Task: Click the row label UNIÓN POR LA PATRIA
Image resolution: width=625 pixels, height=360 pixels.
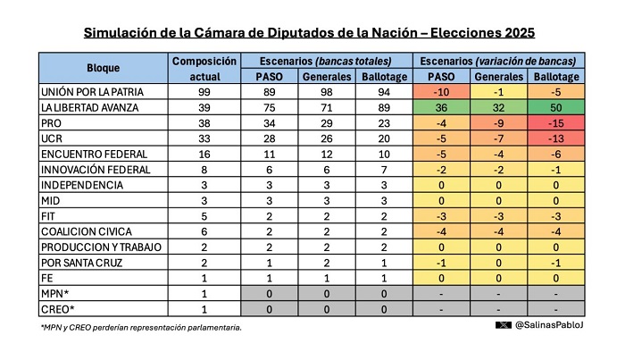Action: tap(92, 92)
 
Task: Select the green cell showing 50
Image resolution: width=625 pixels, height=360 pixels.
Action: tap(556, 107)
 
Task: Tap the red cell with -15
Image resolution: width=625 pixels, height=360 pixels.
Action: tap(556, 123)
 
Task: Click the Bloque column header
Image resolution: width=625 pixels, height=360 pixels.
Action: tap(104, 68)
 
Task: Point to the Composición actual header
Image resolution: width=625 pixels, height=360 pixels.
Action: tap(204, 69)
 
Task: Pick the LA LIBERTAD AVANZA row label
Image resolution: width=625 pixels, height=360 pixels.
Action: tap(89, 107)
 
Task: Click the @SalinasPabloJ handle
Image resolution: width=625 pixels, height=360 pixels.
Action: tap(549, 325)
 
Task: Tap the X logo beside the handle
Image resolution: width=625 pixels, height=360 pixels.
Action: tap(503, 325)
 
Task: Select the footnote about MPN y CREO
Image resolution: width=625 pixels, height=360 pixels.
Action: tap(141, 328)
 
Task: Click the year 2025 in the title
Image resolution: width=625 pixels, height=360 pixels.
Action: tap(520, 32)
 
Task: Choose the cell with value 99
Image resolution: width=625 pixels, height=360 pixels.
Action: tap(204, 92)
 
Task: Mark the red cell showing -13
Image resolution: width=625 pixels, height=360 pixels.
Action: tap(556, 138)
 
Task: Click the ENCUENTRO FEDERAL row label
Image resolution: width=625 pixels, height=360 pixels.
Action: tap(94, 155)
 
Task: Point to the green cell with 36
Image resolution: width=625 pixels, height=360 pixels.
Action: tap(441, 107)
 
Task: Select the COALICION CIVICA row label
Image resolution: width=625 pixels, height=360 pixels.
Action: tap(87, 231)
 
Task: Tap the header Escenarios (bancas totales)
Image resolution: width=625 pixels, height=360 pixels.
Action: tap(326, 61)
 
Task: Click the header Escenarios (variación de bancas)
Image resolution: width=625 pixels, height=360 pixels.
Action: tap(498, 61)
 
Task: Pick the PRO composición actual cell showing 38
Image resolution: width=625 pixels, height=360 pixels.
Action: tap(204, 123)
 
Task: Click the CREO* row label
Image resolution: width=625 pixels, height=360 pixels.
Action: tap(58, 309)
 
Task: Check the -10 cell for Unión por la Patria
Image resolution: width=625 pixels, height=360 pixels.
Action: tap(441, 92)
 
